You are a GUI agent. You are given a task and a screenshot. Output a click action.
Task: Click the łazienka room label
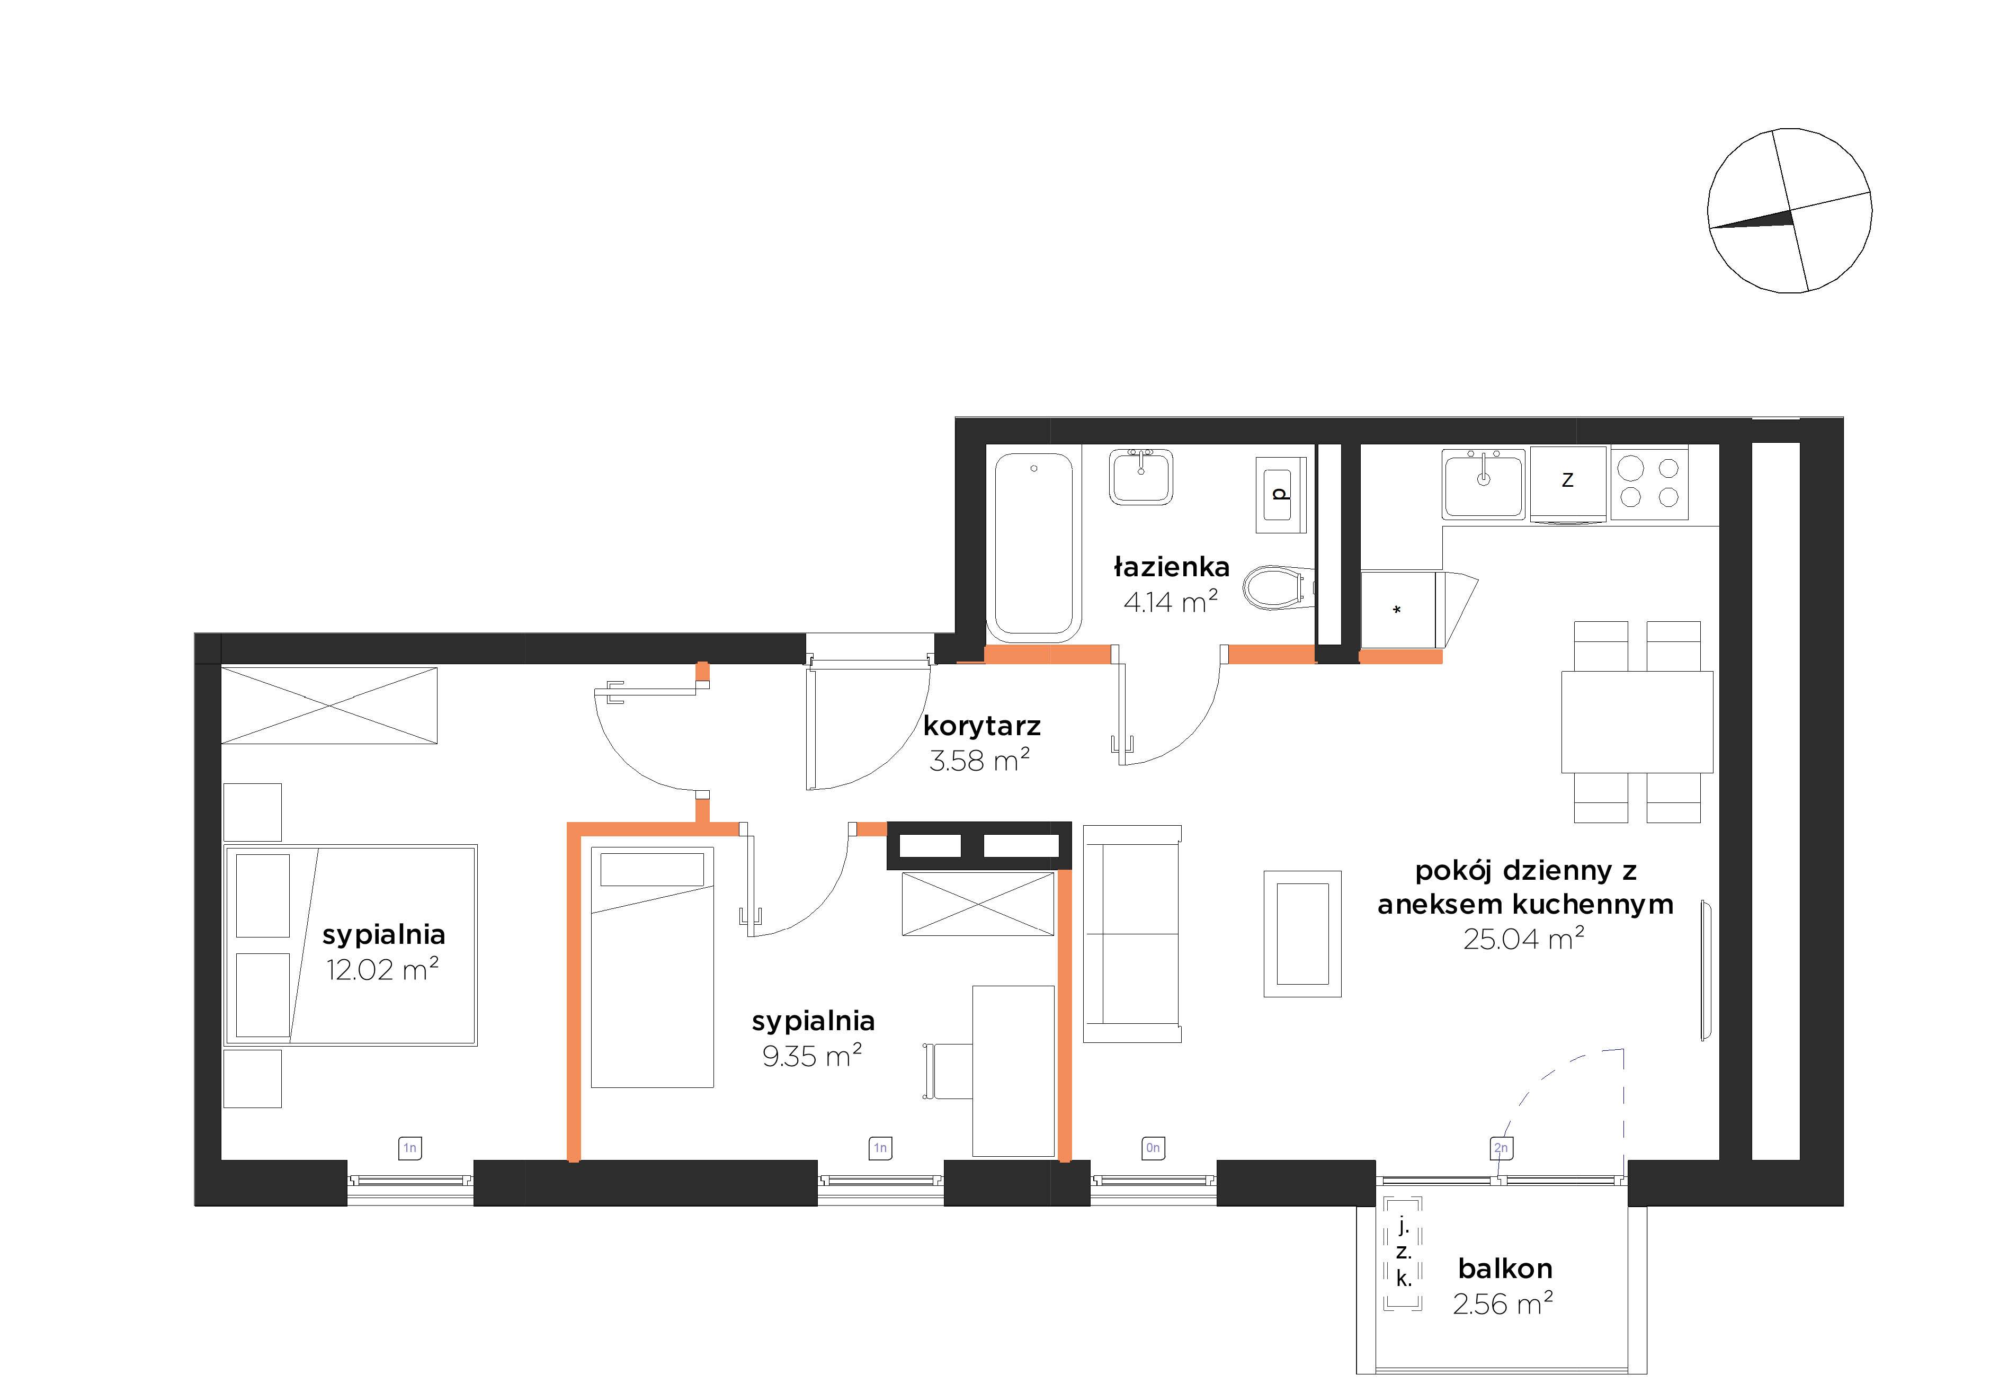[x=1171, y=568]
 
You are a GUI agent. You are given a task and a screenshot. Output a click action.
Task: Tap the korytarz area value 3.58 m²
[x=979, y=760]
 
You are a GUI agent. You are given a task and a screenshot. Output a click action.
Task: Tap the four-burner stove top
[x=1649, y=483]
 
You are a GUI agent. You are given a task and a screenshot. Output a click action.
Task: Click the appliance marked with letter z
[x=1567, y=484]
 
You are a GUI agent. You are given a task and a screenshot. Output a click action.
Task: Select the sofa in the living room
[x=1132, y=933]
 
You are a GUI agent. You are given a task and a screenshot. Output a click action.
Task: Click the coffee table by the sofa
[x=1302, y=933]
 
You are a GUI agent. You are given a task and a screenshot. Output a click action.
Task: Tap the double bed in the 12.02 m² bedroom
[x=351, y=944]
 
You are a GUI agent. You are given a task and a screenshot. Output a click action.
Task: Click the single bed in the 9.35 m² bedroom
[x=652, y=967]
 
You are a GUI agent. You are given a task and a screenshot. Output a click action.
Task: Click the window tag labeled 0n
[x=1153, y=1148]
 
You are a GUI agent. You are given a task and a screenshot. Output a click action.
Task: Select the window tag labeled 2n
[x=1500, y=1148]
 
